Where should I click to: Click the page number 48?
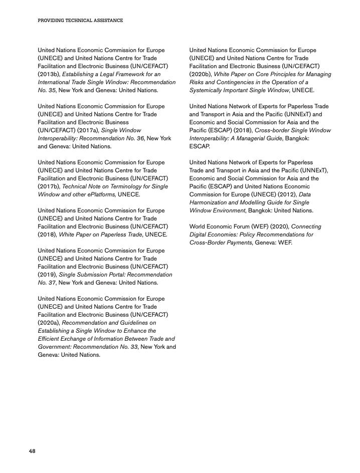coord(32,451)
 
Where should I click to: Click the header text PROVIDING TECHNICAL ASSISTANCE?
coord(80,21)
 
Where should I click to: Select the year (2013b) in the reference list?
coord(48,74)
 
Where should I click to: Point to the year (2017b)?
coord(48,186)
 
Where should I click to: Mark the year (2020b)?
coord(200,74)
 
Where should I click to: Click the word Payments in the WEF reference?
coord(238,243)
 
